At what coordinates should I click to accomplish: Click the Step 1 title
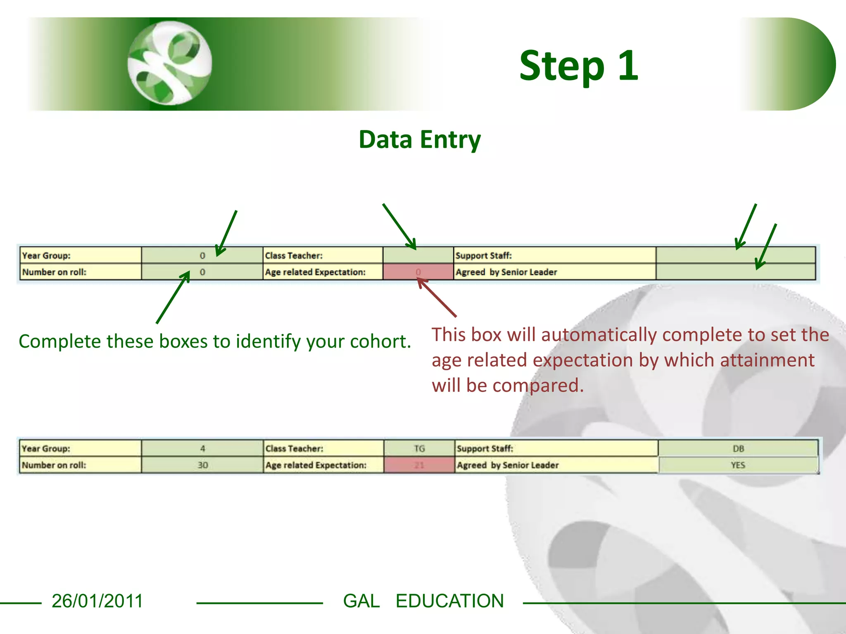(x=578, y=66)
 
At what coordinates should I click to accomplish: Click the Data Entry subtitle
(x=420, y=140)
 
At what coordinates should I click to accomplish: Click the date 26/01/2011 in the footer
(x=97, y=601)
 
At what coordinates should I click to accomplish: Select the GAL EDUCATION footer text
(x=423, y=601)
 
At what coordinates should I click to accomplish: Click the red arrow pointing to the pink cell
(x=437, y=298)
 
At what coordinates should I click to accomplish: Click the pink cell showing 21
(x=419, y=465)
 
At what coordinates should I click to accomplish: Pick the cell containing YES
(x=738, y=465)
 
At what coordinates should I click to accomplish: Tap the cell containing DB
(x=738, y=449)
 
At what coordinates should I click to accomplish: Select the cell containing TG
(x=419, y=449)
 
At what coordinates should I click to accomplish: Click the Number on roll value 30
(x=202, y=465)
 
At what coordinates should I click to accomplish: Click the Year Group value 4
(x=202, y=449)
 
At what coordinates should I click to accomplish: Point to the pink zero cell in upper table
(x=418, y=272)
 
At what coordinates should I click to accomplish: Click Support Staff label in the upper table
(x=483, y=255)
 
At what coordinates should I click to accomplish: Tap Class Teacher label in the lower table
(x=294, y=449)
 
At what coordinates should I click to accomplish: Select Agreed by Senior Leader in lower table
(x=507, y=465)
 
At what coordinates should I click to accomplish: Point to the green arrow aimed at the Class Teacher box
(x=399, y=227)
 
